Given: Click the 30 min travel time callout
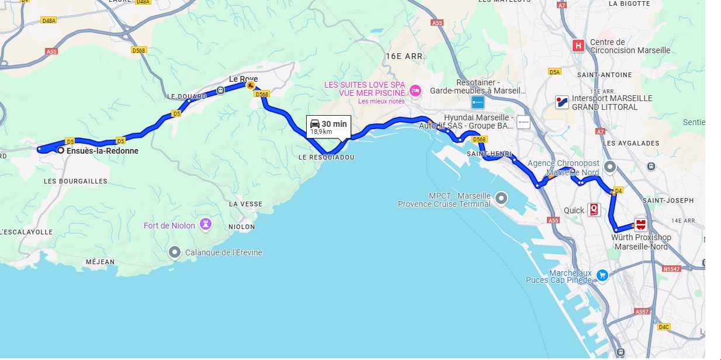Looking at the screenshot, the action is [328, 127].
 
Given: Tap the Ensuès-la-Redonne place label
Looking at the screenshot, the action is [102, 151].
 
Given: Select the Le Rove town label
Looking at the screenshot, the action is [243, 79].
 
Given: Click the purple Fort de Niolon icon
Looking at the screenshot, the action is [206, 224].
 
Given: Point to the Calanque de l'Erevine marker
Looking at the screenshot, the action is [175, 252].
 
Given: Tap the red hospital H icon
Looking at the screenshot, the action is [578, 46].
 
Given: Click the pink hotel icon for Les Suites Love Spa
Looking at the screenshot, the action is [415, 90].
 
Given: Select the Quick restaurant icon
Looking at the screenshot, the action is [594, 210].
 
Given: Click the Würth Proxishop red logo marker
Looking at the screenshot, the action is [641, 225].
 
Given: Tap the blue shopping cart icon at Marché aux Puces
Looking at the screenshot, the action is [602, 276].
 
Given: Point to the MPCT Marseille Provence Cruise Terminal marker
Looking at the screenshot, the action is [501, 199].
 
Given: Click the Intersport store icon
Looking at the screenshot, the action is [562, 102].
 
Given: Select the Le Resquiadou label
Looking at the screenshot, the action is [326, 158].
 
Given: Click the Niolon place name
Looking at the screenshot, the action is [242, 227].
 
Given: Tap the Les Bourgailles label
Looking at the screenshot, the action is [75, 181].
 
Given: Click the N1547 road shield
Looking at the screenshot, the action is [673, 269].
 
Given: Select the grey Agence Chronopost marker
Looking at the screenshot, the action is [610, 167].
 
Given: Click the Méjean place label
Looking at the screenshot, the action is [100, 262].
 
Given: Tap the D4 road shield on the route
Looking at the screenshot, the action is [618, 190].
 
